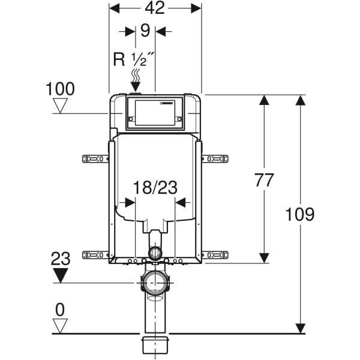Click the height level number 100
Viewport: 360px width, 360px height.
coord(61,89)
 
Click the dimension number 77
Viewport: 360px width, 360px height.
coord(264,179)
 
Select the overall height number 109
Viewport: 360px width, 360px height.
coord(300,214)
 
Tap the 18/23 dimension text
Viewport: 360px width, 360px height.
coord(155,188)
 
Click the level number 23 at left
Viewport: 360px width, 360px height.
coord(60,259)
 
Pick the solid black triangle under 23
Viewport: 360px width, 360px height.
coord(60,275)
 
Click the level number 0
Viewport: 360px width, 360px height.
coord(60,310)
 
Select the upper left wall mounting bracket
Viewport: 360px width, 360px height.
coord(95,158)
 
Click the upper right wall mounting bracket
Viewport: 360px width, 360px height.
coord(215,158)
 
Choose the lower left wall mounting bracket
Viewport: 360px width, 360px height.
coord(95,255)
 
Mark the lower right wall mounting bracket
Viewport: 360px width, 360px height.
coord(215,255)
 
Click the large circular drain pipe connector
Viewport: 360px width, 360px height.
coord(155,283)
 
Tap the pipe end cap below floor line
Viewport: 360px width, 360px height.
coord(155,344)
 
